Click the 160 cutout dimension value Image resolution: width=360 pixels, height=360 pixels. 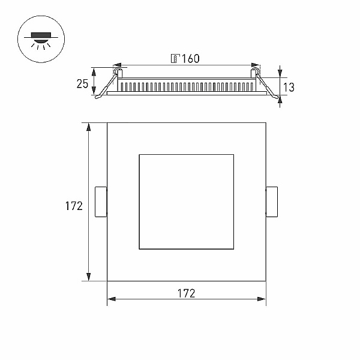(191, 59)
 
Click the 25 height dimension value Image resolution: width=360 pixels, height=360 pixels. (82, 84)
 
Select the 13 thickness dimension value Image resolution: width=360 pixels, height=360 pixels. (289, 87)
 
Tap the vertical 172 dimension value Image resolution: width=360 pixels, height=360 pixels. (74, 206)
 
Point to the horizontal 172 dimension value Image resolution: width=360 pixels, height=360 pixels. (186, 293)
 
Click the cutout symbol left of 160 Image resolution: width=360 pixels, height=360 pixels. (175, 59)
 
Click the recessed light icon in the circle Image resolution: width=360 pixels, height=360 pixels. (41, 41)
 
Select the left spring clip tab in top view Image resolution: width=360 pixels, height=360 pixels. (101, 202)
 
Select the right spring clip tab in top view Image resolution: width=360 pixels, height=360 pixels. (272, 202)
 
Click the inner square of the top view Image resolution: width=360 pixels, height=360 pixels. (187, 155)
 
